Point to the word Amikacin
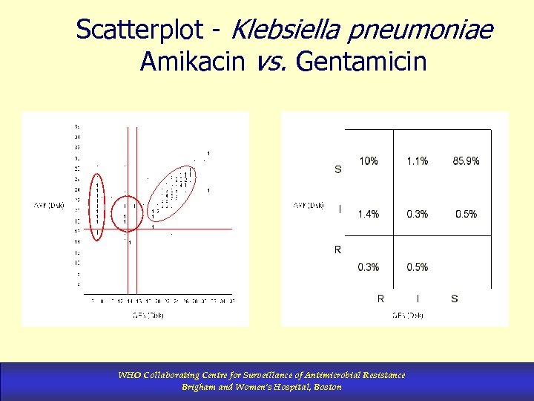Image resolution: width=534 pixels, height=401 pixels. click(192, 62)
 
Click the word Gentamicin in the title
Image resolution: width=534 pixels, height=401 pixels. click(361, 62)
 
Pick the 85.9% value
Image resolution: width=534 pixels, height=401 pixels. click(466, 161)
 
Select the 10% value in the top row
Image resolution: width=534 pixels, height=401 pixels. click(369, 161)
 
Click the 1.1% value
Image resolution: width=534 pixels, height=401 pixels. click(417, 161)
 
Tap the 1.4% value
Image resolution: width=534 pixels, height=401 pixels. click(369, 214)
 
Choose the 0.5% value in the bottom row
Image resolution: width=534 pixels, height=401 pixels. click(417, 267)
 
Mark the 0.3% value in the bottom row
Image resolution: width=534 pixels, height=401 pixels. click(369, 267)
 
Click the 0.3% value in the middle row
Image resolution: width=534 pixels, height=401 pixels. click(417, 214)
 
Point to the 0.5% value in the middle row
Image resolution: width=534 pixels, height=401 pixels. click(466, 214)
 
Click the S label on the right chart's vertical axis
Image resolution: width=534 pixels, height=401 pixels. click(338, 169)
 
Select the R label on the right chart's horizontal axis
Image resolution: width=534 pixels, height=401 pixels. click(380, 299)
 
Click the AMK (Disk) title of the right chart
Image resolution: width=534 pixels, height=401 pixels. click(309, 205)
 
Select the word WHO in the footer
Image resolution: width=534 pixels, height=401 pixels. click(128, 375)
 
